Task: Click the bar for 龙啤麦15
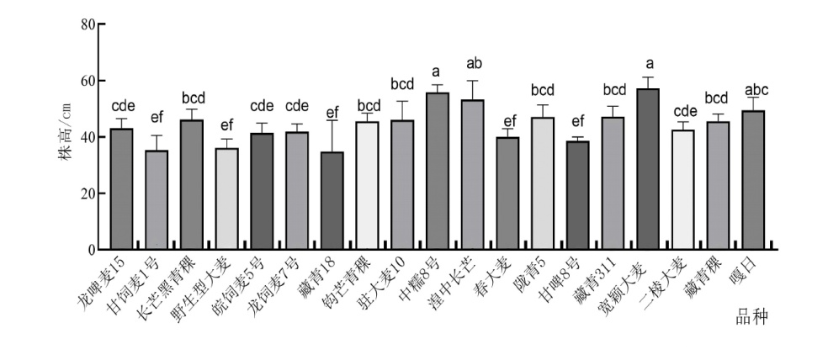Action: pyautogui.click(x=121, y=189)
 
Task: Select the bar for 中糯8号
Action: pyautogui.click(x=438, y=172)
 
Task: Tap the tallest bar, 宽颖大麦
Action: pyautogui.click(x=648, y=169)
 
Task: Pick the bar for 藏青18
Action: pyautogui.click(x=332, y=201)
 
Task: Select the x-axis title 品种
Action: pyautogui.click(x=751, y=318)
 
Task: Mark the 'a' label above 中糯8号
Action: pyautogui.click(x=438, y=71)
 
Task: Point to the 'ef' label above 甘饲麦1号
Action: pyautogui.click(x=157, y=118)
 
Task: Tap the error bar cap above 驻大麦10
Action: pyautogui.click(x=402, y=102)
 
